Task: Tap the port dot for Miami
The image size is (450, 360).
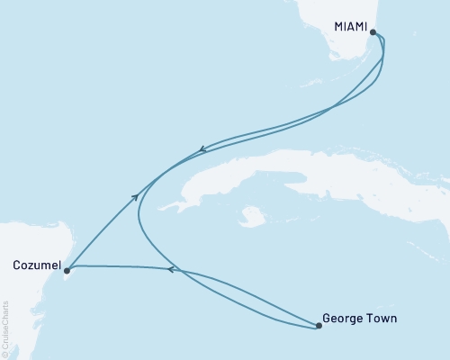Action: [x=373, y=32]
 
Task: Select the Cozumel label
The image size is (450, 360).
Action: [x=37, y=265]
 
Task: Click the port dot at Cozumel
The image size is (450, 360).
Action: [x=67, y=270]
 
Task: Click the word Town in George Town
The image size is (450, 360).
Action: [x=382, y=318]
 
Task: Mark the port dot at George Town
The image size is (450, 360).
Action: [x=319, y=326]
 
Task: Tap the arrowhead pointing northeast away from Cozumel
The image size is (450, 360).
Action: [x=136, y=195]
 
